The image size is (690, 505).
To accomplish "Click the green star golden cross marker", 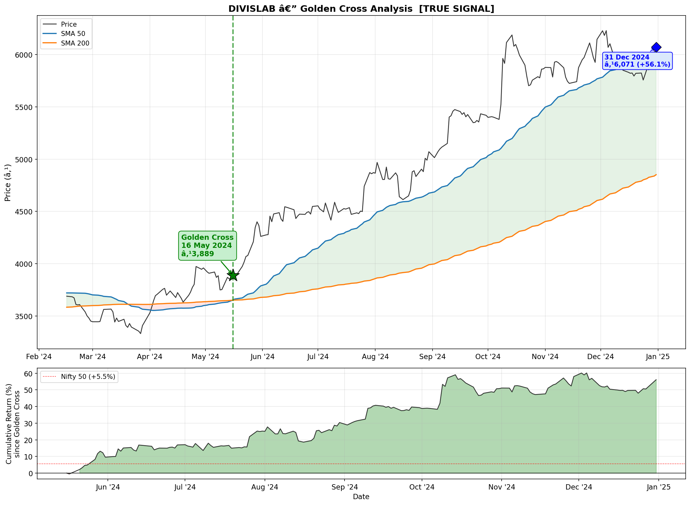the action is [233, 275].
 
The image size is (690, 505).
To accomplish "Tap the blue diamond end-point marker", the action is [656, 47].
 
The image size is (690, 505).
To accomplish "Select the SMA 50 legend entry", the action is [64, 33].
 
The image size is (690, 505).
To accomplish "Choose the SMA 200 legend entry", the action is [66, 43].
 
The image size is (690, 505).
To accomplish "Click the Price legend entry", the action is [60, 24].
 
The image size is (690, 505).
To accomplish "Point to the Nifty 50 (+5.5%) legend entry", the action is [79, 376].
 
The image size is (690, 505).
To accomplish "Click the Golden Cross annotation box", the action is [207, 246].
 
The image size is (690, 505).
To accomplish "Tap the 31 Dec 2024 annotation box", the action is [637, 61].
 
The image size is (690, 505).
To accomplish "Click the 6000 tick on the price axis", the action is [24, 55].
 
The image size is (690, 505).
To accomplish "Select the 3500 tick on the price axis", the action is [24, 316].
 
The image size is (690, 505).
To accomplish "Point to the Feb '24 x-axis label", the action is [39, 357].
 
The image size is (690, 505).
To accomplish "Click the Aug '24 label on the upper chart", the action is [375, 357].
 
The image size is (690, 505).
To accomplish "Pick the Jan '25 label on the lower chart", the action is [658, 487].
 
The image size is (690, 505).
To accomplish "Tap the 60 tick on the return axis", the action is [28, 374].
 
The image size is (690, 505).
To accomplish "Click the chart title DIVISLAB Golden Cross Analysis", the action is [361, 9].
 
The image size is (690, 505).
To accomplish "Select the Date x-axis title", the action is [361, 497].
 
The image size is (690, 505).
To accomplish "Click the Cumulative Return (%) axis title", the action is [9, 424].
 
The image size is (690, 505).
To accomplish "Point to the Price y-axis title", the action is [8, 182].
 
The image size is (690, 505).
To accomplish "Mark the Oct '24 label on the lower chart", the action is [422, 487].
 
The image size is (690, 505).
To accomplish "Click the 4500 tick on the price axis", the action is [24, 212].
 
